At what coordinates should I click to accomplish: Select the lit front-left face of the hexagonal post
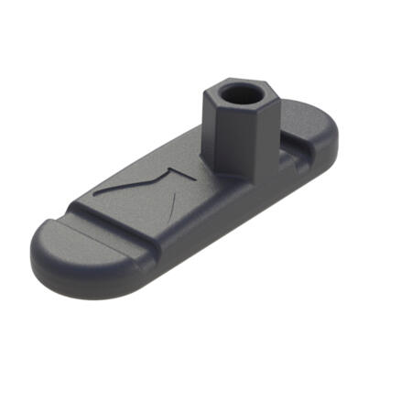click(x=227, y=137)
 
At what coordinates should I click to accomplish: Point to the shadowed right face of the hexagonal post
click(x=266, y=133)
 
